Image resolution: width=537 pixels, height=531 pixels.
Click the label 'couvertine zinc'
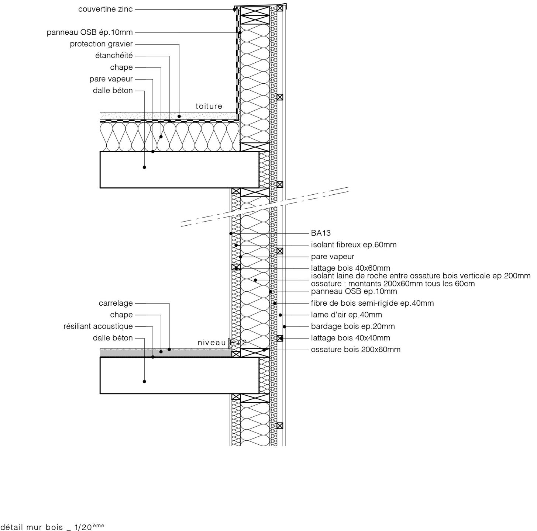105,9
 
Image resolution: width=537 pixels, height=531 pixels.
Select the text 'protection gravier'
101,44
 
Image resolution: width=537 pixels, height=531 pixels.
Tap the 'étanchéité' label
114,55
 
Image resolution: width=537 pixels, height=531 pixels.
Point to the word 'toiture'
209,106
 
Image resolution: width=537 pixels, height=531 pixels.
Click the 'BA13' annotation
321,233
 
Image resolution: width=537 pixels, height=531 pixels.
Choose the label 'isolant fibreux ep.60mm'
354,245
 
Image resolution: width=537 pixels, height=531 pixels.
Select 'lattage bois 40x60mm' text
351,268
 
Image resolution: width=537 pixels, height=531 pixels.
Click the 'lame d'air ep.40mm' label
347,315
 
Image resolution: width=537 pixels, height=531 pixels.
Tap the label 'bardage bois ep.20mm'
353,326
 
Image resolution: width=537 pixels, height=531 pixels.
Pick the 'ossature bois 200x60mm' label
355,350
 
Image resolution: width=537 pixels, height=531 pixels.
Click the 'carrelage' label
116,303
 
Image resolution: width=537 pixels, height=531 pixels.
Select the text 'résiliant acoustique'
98,326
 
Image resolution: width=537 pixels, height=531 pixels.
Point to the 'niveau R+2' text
222,343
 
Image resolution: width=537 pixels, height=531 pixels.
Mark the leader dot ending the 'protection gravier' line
179,117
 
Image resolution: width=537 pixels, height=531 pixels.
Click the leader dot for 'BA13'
231,233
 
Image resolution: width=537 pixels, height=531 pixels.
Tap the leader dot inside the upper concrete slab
144,167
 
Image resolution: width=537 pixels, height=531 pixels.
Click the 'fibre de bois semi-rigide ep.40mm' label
372,303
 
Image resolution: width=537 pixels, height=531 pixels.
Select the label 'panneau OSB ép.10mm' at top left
90,32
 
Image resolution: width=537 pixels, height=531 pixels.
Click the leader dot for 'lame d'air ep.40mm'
280,315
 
